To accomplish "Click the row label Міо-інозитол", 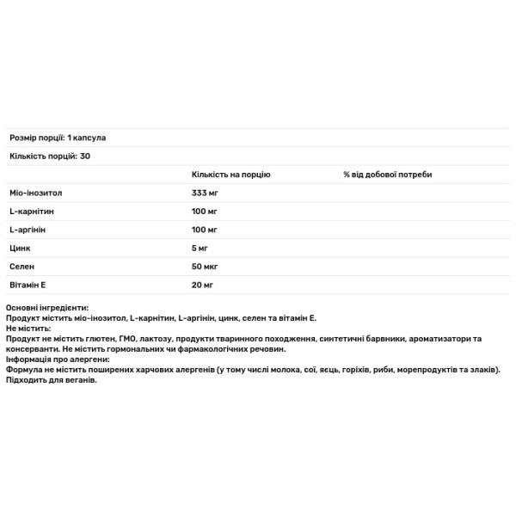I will click(35, 193).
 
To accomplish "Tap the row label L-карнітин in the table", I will click(31, 212).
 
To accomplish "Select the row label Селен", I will click(22, 267).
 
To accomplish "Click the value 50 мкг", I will click(205, 267).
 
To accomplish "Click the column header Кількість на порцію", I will click(230, 175).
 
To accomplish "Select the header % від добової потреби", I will click(387, 175).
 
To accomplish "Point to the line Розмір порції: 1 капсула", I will click(57, 138).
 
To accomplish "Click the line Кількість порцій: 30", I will click(50, 157).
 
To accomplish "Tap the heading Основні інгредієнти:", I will click(46, 308).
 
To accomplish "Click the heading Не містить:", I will click(28, 329).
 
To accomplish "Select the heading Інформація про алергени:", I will click(58, 359).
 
